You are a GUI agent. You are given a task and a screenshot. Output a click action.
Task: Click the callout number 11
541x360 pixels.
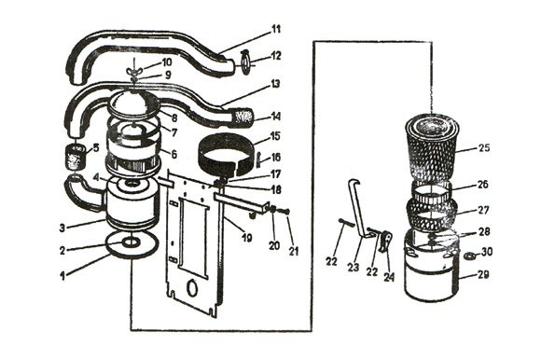(275, 28)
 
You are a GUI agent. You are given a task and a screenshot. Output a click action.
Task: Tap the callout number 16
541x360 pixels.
(276, 158)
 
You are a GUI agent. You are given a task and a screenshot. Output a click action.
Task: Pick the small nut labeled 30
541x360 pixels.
(472, 255)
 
